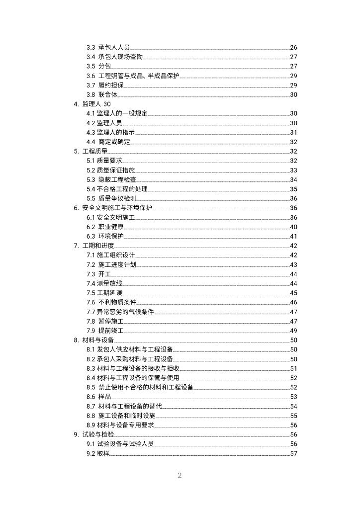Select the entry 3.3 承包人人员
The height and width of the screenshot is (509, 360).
108,47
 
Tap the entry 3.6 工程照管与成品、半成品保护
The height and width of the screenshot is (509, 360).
133,76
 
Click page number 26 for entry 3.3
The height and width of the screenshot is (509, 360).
293,47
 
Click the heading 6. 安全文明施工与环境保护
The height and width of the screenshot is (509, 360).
113,208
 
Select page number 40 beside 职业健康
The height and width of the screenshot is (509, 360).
293,227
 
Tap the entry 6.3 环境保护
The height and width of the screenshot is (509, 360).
105,236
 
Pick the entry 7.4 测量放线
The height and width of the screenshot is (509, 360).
105,283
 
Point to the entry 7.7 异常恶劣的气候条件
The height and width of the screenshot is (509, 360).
120,312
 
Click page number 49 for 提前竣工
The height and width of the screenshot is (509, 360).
293,331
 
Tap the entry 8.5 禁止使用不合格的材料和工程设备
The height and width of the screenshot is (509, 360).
140,387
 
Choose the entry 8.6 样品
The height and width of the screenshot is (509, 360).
98,397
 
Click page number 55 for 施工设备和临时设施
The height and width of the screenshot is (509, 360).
293,416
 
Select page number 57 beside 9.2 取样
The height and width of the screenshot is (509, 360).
293,453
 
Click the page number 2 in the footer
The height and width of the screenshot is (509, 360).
180,476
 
